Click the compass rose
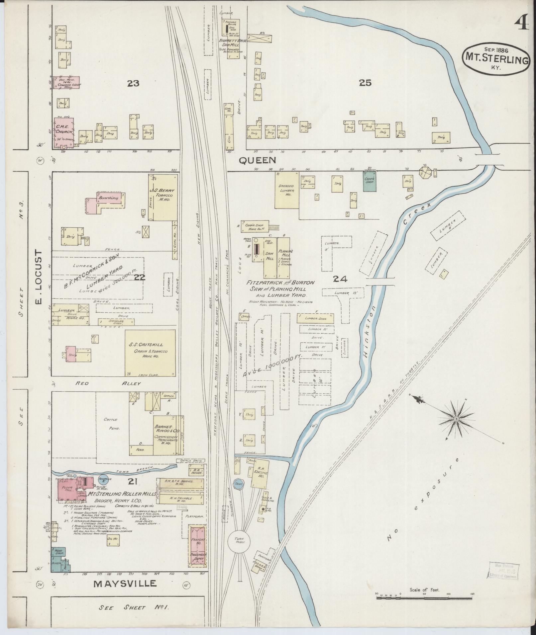click(457, 420)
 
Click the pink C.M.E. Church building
click(63, 132)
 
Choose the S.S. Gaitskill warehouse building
click(150, 353)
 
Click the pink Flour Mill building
click(68, 489)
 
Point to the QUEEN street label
click(258, 161)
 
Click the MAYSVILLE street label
click(125, 584)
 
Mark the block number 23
click(133, 83)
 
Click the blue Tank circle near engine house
click(238, 484)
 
